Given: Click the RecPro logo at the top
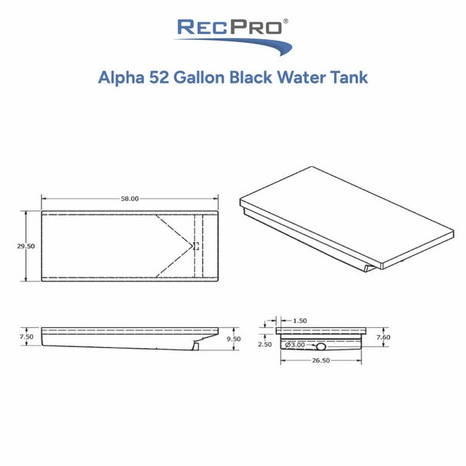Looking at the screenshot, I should pyautogui.click(x=233, y=34).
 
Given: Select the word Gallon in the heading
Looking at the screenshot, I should pyautogui.click(x=200, y=77).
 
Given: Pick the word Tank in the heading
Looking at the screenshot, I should pyautogui.click(x=348, y=77).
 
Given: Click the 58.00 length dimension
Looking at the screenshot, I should pyautogui.click(x=129, y=199).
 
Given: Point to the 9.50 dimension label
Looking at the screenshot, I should pyautogui.click(x=235, y=338).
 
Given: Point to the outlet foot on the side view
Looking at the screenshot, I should pyautogui.click(x=196, y=347).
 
